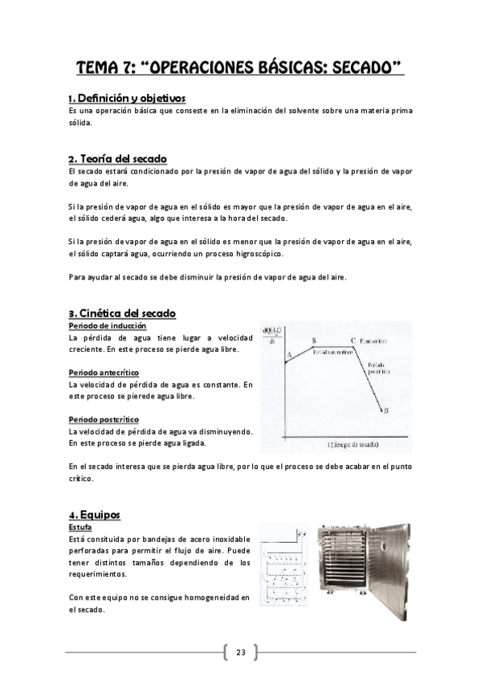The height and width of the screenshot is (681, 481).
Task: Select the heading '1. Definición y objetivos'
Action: [127, 97]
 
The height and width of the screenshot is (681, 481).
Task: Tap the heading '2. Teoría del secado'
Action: [117, 158]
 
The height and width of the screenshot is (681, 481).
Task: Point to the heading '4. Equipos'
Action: [94, 514]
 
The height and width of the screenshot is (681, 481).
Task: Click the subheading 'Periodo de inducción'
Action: [107, 326]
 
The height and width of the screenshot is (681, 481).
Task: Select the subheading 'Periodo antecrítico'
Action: [104, 373]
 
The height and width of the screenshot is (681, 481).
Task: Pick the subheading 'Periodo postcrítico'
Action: [104, 419]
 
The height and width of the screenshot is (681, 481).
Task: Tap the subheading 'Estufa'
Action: [79, 527]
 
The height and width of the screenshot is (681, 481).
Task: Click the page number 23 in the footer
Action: [240, 651]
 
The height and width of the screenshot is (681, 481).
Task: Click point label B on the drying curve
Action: [313, 340]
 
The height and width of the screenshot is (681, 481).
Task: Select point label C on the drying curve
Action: [353, 340]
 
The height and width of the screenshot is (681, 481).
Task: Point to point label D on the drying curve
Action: [386, 410]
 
